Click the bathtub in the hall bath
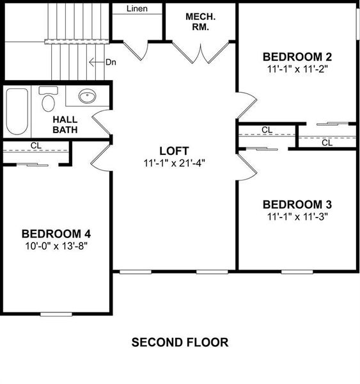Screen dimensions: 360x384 (17, 111)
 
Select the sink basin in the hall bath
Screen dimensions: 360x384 (87, 96)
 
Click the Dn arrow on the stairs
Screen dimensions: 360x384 (97, 62)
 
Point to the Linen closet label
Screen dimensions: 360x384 (137, 8)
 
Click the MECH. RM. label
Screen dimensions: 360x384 (200, 22)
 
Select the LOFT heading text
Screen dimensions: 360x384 (174, 151)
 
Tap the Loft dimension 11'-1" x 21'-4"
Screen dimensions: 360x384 (174, 163)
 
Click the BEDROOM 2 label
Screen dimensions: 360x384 (297, 57)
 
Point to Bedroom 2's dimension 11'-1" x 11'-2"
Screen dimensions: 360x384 (297, 69)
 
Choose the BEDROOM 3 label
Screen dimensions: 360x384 (297, 205)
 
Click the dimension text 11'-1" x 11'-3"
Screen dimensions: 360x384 (297, 217)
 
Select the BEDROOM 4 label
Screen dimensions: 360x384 (56, 234)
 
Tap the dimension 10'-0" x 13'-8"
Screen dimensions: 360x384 (56, 246)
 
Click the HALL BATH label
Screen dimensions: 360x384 (65, 125)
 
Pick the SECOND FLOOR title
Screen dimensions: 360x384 (180, 342)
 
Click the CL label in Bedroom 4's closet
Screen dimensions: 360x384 (36, 145)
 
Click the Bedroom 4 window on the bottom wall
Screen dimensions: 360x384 (56, 314)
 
